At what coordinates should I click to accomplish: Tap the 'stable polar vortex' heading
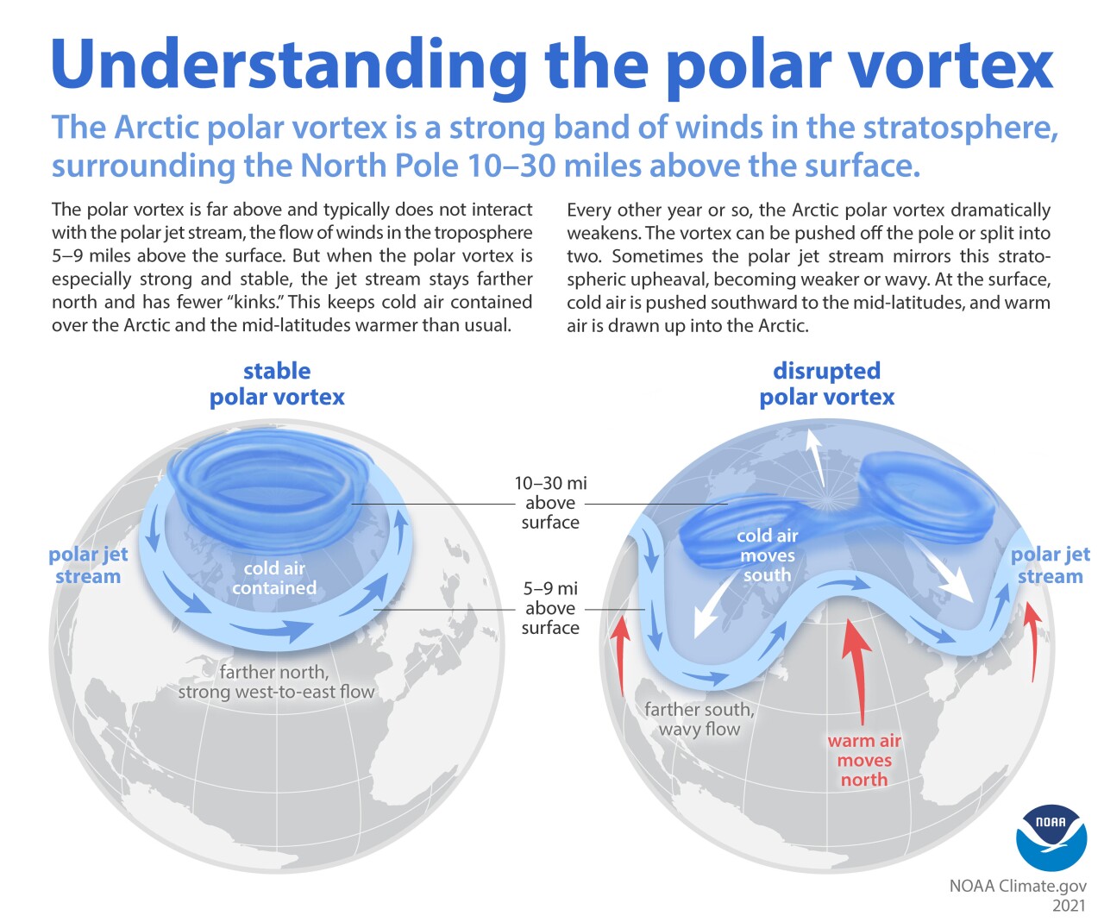pyautogui.click(x=277, y=384)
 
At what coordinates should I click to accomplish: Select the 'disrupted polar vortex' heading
pyautogui.click(x=826, y=384)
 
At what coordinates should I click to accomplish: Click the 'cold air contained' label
pyautogui.click(x=274, y=578)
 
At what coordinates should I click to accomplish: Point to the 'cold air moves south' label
pyautogui.click(x=767, y=555)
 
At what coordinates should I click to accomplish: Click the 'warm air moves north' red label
pyautogui.click(x=864, y=760)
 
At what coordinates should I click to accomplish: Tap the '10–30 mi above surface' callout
pyautogui.click(x=550, y=503)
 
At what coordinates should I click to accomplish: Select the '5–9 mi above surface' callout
pyautogui.click(x=550, y=608)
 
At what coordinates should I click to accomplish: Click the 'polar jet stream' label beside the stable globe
pyautogui.click(x=88, y=565)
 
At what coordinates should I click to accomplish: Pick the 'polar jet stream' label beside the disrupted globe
pyautogui.click(x=1050, y=565)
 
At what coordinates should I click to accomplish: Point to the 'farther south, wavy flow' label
pyautogui.click(x=699, y=719)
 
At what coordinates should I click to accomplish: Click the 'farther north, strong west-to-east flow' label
pyautogui.click(x=276, y=681)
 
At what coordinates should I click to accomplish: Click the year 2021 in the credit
pyautogui.click(x=1069, y=905)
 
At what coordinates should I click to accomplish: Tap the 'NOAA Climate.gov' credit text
pyautogui.click(x=1018, y=886)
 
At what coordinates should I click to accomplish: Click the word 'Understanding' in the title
pyautogui.click(x=289, y=65)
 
